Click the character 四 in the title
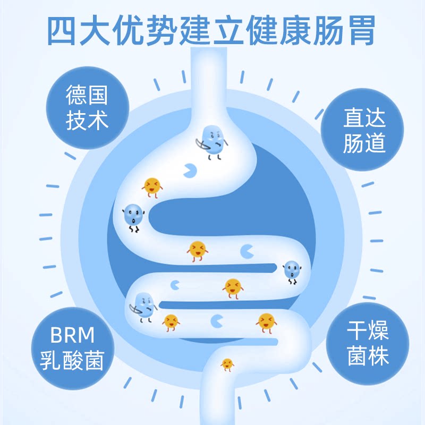(x=63, y=30)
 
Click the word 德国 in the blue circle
(x=87, y=96)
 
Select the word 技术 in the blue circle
(x=87, y=121)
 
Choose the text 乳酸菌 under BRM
(x=72, y=361)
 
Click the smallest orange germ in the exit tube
(x=227, y=364)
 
